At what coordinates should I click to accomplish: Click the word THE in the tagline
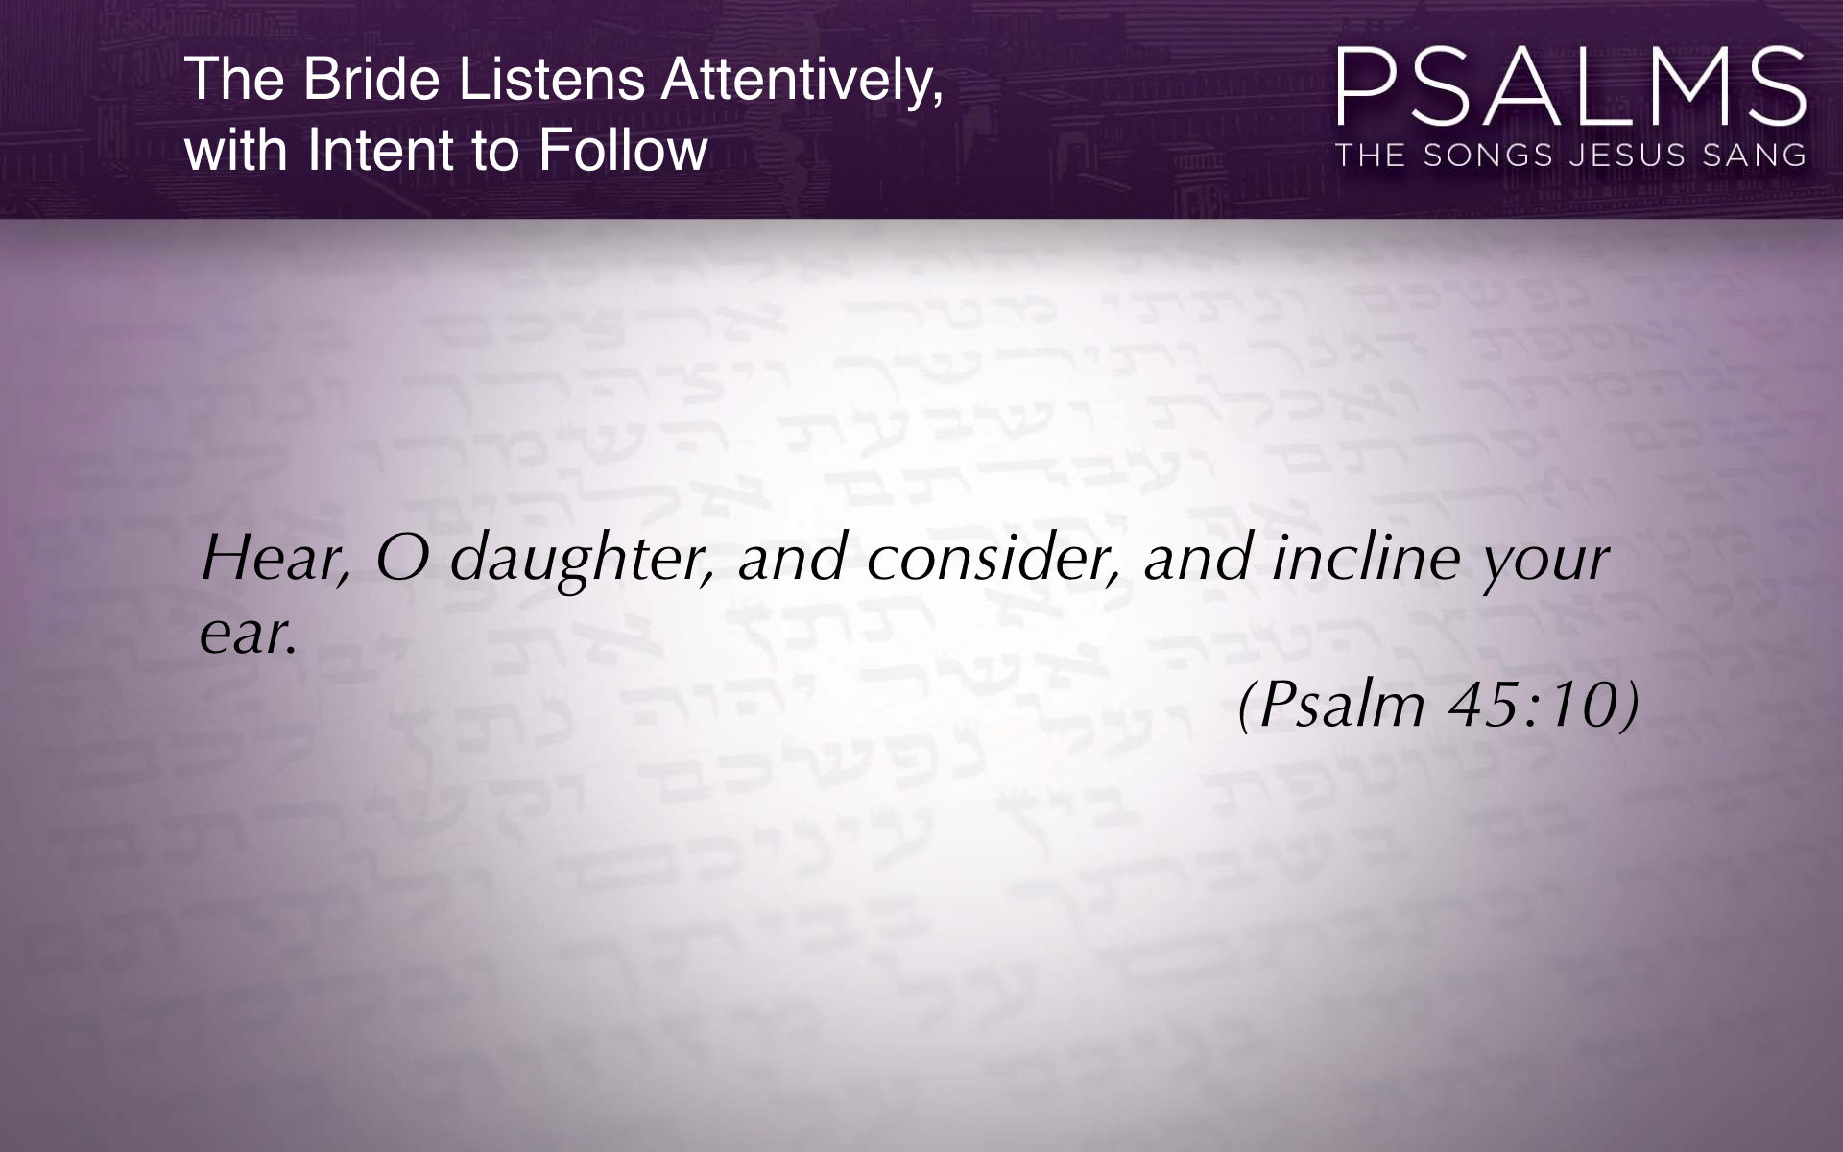pos(1372,156)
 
